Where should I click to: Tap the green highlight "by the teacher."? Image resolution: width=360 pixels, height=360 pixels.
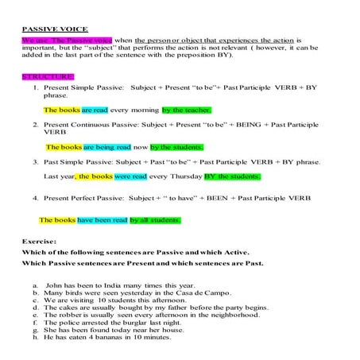click(x=186, y=110)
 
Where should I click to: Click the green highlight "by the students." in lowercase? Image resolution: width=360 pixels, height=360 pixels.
click(x=176, y=147)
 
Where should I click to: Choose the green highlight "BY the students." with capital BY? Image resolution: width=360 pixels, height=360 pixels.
click(x=232, y=176)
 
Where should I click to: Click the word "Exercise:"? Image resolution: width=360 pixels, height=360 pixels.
click(x=40, y=239)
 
